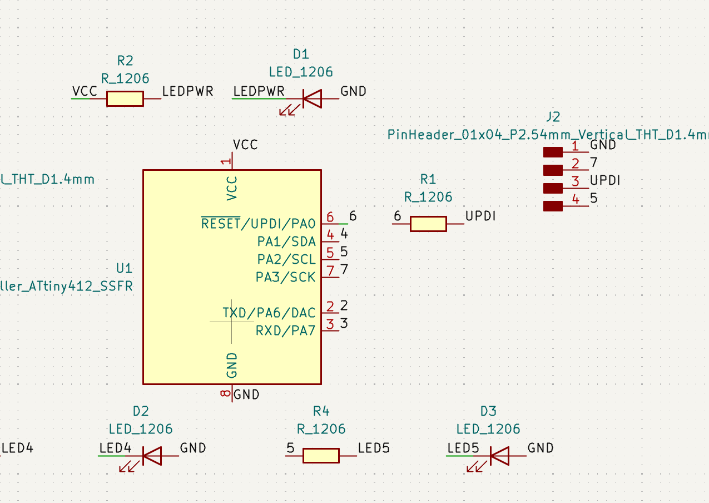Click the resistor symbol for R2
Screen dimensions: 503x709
(125, 98)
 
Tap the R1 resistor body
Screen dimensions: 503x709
(428, 224)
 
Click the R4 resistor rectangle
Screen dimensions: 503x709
(321, 456)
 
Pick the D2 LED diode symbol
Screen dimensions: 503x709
(151, 456)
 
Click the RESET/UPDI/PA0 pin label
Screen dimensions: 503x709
(258, 224)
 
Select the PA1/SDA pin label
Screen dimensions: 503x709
(286, 241)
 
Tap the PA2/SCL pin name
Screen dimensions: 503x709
(286, 259)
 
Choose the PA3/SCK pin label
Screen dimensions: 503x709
(285, 277)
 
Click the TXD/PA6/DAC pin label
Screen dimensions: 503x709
(269, 313)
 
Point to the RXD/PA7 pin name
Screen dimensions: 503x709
(285, 331)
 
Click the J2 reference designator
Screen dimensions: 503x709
(553, 117)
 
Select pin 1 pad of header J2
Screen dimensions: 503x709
(553, 152)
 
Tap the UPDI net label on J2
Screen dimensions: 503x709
(605, 181)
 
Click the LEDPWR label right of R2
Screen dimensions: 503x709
(187, 92)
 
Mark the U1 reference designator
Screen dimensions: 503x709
(124, 268)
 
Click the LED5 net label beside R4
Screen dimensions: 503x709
(374, 448)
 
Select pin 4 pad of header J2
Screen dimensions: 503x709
(553, 206)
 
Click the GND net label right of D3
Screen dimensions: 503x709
(540, 448)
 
